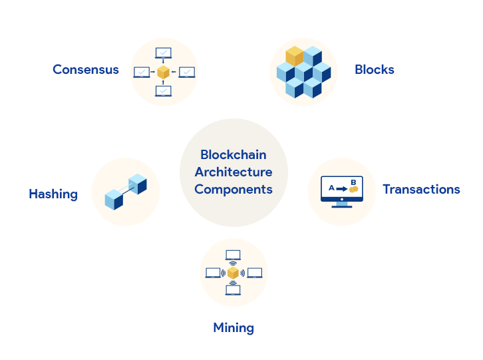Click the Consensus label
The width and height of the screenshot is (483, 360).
tap(86, 70)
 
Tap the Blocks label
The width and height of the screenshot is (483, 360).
tap(375, 70)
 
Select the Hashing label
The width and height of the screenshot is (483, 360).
tap(53, 194)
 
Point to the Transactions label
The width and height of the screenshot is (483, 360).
tap(421, 190)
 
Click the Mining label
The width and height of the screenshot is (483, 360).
tap(234, 327)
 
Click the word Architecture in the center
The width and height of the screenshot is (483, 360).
tap(234, 172)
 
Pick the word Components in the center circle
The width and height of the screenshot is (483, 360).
tap(234, 190)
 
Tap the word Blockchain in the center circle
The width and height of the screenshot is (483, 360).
tap(234, 155)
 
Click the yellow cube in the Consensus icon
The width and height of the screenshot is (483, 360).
tap(164, 72)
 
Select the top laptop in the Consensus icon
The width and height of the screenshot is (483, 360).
tap(164, 53)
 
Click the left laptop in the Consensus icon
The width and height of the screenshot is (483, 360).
tap(142, 72)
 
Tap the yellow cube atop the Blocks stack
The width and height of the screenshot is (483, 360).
tap(294, 57)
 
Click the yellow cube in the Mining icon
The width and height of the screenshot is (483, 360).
tap(233, 273)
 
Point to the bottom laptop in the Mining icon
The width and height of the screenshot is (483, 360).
tap(233, 290)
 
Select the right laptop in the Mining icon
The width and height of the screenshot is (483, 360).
tap(255, 273)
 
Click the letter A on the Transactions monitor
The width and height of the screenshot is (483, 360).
tap(331, 188)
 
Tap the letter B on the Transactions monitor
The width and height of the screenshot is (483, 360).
tap(353, 182)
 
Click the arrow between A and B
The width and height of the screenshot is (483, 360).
tap(342, 189)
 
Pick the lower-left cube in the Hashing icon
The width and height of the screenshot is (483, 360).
tap(114, 199)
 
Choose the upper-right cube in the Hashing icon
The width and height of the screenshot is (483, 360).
tap(138, 184)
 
